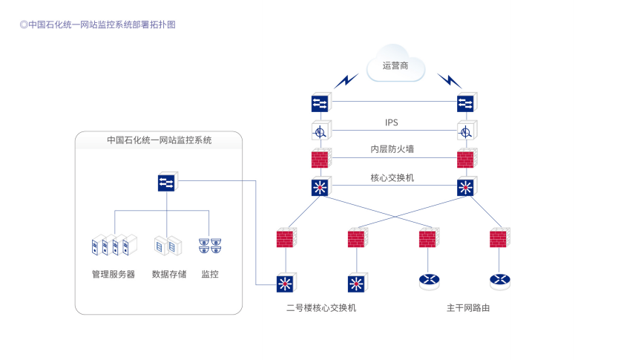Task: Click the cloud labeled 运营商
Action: (395, 66)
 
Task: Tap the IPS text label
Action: (392, 122)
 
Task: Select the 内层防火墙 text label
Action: (392, 149)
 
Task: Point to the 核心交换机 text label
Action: (392, 177)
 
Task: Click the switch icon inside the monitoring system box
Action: (167, 182)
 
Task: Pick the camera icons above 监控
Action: (210, 245)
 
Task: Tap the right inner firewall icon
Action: (465, 159)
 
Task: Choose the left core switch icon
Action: (321, 186)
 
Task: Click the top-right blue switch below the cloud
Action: (465, 102)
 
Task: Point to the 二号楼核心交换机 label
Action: (321, 307)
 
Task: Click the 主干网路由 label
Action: (467, 307)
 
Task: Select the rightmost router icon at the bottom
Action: (500, 281)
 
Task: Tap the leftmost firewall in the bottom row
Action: (285, 239)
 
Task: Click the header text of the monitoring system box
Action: (159, 140)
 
